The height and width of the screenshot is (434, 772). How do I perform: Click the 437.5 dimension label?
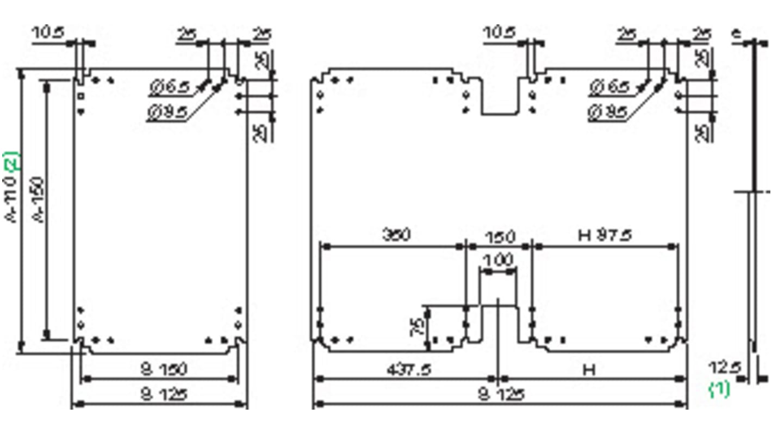coord(408,370)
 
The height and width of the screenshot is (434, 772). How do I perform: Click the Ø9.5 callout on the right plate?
coord(608,112)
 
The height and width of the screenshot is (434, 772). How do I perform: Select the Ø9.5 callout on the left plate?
coord(167,112)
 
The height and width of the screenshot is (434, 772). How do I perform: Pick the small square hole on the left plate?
coord(80,96)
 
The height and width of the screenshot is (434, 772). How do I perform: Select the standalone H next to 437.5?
coord(589,370)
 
